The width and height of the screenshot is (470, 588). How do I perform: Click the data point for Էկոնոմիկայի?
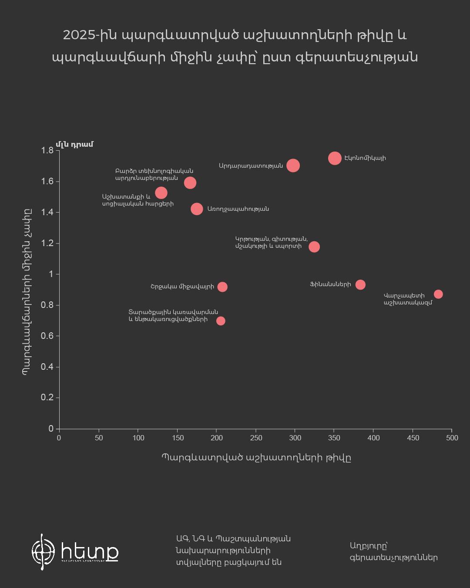pyautogui.click(x=335, y=158)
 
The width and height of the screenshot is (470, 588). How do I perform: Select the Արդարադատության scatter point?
pyautogui.click(x=293, y=166)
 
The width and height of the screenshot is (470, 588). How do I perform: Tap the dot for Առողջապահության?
pyautogui.click(x=197, y=209)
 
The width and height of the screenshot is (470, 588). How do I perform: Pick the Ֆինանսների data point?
pyautogui.click(x=360, y=285)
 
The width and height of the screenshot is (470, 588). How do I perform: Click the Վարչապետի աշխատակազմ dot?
pyautogui.click(x=438, y=294)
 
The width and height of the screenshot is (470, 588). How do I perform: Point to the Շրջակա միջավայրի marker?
pyautogui.click(x=222, y=287)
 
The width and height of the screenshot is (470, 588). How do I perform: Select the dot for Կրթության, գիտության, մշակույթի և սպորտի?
pyautogui.click(x=314, y=247)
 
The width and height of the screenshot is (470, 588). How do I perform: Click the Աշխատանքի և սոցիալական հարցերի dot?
pyautogui.click(x=161, y=193)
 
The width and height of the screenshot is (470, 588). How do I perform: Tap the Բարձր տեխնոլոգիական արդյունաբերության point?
pyautogui.click(x=190, y=182)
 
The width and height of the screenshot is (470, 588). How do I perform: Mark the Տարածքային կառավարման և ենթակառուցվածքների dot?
pyautogui.click(x=221, y=321)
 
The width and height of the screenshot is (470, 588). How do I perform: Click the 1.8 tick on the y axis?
pyautogui.click(x=47, y=151)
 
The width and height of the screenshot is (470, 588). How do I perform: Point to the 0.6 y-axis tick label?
pyautogui.click(x=47, y=336)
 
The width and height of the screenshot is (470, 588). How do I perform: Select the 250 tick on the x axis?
pyautogui.click(x=256, y=438)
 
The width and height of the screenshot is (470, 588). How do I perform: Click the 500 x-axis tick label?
pyautogui.click(x=452, y=438)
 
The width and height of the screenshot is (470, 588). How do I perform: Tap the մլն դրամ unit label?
pyautogui.click(x=74, y=144)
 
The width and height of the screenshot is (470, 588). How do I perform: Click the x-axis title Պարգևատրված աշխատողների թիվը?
pyautogui.click(x=256, y=457)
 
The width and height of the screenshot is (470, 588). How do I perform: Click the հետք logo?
pyautogui.click(x=75, y=552)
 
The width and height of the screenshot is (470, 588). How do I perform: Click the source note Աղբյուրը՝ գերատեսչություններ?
pyautogui.click(x=393, y=551)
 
